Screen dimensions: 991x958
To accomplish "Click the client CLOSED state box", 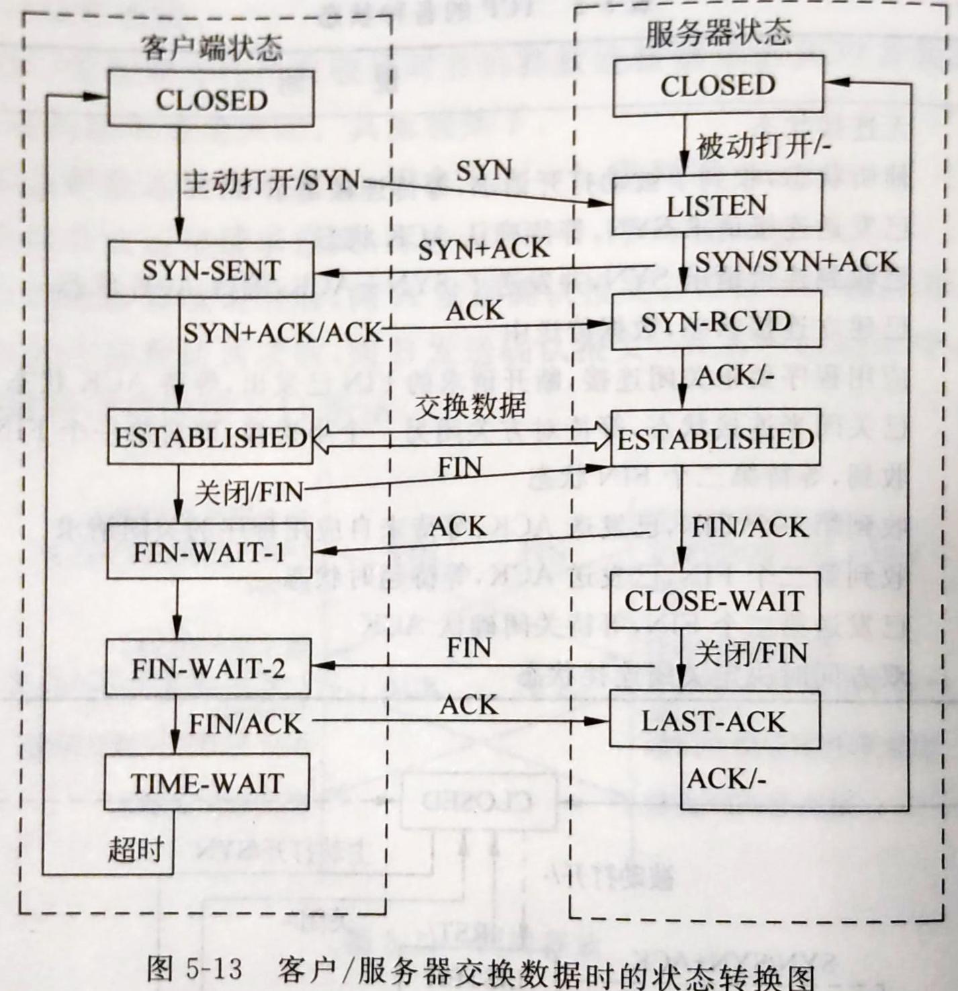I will coord(211,99).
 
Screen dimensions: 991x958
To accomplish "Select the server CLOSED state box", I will coord(717,86).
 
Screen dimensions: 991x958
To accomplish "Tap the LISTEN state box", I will coord(717,204).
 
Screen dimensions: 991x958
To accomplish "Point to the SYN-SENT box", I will coord(211,270).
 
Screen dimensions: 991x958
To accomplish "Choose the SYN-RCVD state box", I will coord(716,322).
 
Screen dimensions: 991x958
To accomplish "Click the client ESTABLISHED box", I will coord(210,437).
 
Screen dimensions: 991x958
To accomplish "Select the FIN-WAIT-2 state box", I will coord(208,668).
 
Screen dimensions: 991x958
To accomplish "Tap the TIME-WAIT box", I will coord(207,783).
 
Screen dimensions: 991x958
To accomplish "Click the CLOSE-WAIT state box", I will coord(715,601).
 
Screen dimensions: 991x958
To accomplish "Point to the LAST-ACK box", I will coord(714,721).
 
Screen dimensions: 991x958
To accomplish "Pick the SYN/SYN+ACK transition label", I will coord(796,261).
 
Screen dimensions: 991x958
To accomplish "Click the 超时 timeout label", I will coord(136,850).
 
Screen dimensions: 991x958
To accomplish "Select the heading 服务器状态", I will coord(718,34).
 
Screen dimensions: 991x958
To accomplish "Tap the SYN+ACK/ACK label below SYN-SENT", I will coord(282,332).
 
